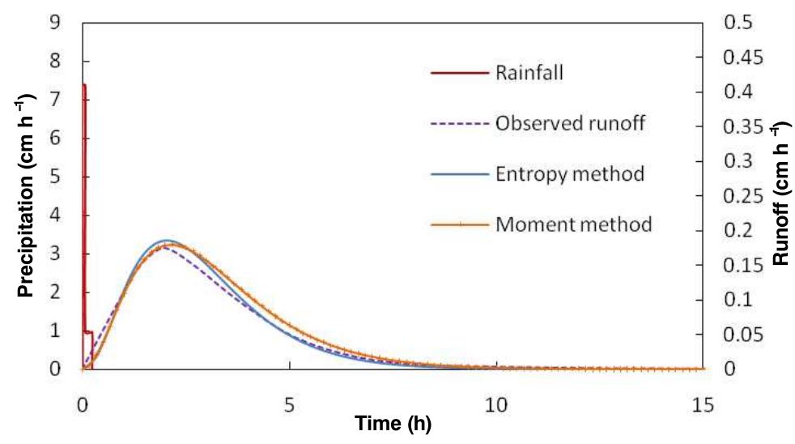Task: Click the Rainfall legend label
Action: (x=529, y=72)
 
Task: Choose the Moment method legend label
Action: (x=573, y=224)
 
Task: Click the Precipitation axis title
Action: (x=26, y=203)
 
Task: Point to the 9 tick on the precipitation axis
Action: (x=55, y=23)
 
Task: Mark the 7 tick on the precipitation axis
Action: (x=55, y=100)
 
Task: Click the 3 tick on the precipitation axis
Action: (x=55, y=254)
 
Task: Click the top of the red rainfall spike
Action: (x=84, y=84)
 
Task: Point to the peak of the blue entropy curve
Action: (x=166, y=241)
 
